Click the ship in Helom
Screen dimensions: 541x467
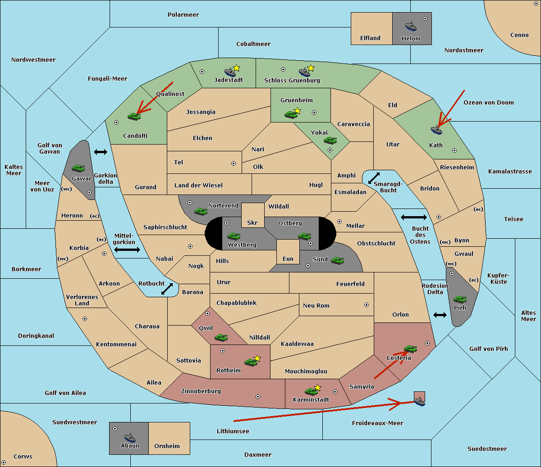411,27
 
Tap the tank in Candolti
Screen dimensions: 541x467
134,116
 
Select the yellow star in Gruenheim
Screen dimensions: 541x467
297,111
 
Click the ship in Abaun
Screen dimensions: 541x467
130,438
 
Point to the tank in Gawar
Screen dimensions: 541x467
78,168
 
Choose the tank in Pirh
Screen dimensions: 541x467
460,299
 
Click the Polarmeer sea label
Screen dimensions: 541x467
183,15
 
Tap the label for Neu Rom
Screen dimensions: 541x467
316,305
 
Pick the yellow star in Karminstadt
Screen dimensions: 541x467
317,387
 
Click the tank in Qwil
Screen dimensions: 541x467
221,337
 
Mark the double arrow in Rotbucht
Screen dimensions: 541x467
167,289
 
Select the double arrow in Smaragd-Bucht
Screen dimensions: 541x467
374,178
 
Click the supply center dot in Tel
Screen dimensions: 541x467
234,163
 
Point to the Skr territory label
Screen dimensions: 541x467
252,222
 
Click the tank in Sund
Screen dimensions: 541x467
337,260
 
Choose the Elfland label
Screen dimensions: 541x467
370,38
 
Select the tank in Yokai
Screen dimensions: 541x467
330,141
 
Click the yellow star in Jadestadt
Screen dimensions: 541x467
237,68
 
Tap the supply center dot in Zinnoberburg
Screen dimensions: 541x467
258,397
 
